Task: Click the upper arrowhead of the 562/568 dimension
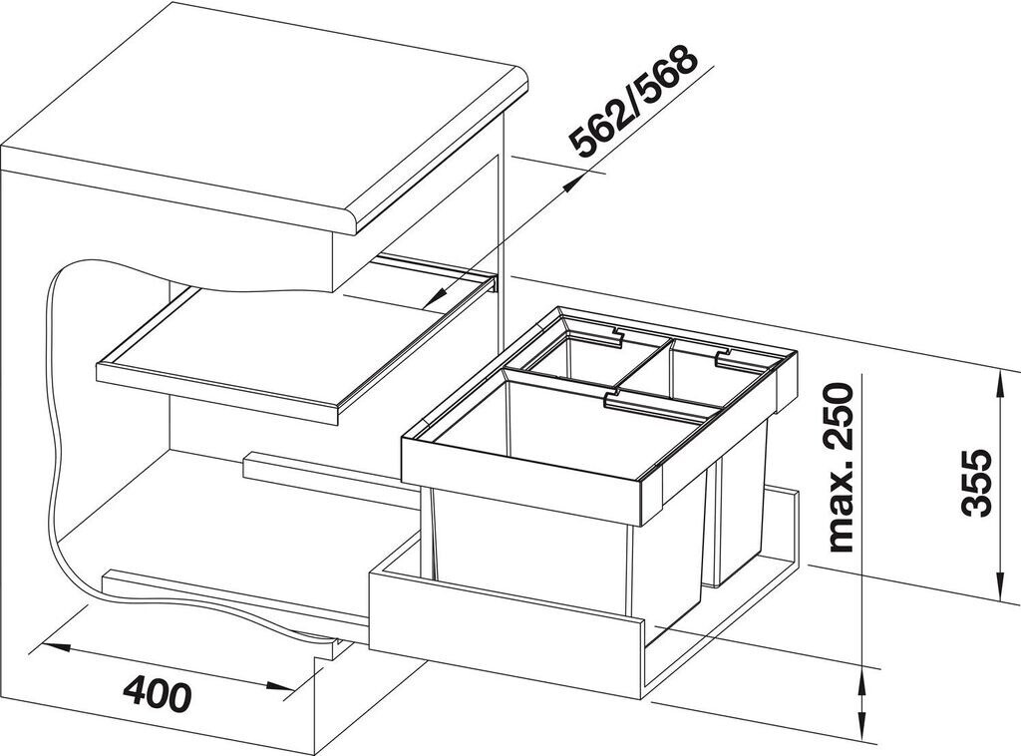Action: pyautogui.click(x=572, y=184)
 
